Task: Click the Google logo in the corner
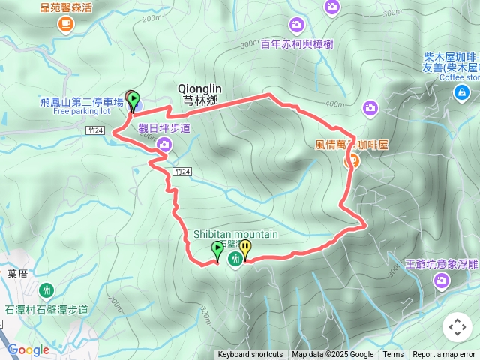click(x=28, y=349)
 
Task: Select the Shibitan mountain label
click(x=235, y=234)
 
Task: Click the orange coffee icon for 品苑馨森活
click(x=65, y=24)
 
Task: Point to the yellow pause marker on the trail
click(x=245, y=249)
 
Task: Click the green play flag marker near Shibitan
click(x=217, y=249)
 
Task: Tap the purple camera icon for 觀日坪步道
click(x=163, y=143)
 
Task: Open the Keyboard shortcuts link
click(x=250, y=355)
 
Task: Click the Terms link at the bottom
click(x=393, y=355)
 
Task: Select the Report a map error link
click(x=443, y=355)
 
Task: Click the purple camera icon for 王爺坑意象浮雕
click(x=442, y=280)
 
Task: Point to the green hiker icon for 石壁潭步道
click(x=46, y=290)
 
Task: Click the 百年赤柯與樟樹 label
click(x=297, y=44)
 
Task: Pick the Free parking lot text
click(x=81, y=111)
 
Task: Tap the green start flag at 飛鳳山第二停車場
click(x=132, y=100)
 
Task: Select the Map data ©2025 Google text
click(x=332, y=355)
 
